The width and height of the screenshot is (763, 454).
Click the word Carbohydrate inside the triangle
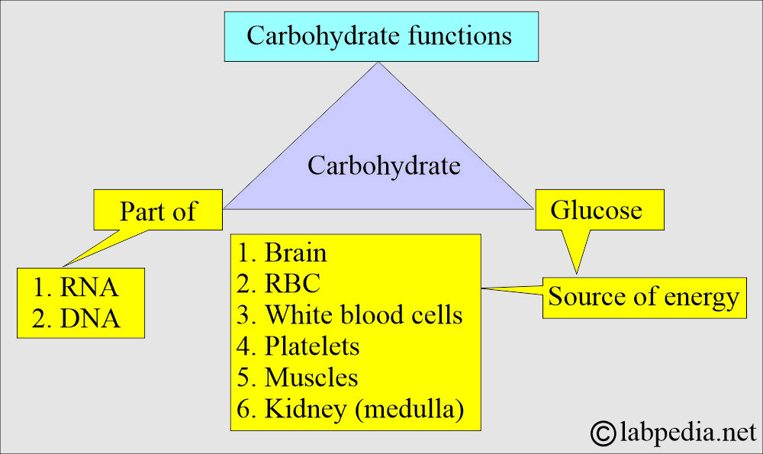tap(384, 165)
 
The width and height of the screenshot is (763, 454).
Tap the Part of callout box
tap(158, 211)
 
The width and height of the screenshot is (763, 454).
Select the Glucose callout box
tap(597, 210)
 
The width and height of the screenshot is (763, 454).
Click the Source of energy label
tap(644, 297)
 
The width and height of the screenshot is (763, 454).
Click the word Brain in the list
tap(295, 253)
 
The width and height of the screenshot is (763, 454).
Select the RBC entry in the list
tap(292, 284)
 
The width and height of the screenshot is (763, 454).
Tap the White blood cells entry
tap(363, 314)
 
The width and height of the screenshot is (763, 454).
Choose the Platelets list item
tap(312, 346)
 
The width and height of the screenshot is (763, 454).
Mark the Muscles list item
tap(311, 377)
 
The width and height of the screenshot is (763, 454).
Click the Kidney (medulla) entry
tap(363, 408)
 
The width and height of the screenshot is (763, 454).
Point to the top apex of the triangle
tap(378, 63)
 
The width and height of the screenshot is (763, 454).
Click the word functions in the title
tap(461, 36)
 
